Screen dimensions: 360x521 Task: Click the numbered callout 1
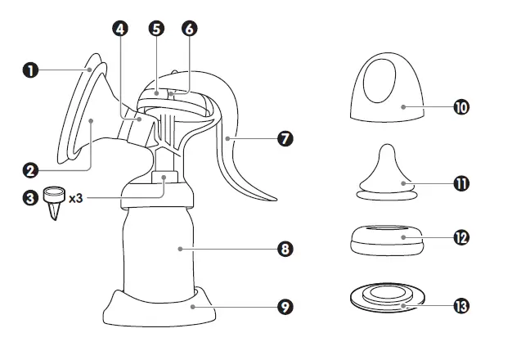[30, 71]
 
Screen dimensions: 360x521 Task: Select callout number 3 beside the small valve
[30, 199]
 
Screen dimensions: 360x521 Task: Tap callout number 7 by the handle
[285, 139]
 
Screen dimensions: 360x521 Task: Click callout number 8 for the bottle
[285, 249]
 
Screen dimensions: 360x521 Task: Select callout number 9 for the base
[285, 307]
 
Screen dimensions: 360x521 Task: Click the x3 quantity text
[77, 199]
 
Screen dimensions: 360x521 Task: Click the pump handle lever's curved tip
[270, 199]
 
